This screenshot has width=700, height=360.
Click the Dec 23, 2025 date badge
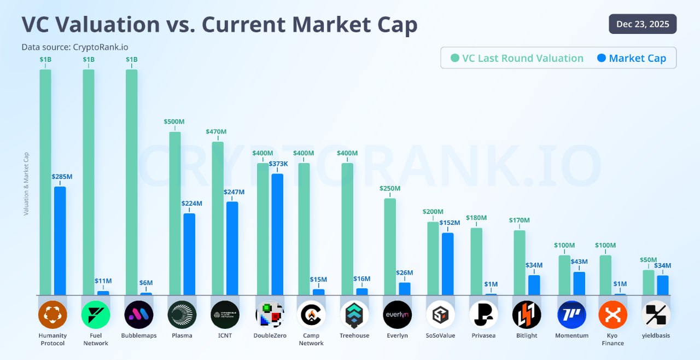click(x=643, y=24)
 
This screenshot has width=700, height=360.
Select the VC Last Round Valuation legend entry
click(x=517, y=58)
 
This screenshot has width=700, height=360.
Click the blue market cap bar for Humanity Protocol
click(x=60, y=241)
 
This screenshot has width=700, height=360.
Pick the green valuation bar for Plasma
click(x=175, y=213)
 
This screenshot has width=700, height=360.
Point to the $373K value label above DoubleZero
click(x=278, y=164)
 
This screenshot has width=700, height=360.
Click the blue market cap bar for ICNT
click(x=232, y=248)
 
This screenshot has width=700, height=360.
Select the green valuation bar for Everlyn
click(x=390, y=246)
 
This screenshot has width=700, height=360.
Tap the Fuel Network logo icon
click(x=96, y=315)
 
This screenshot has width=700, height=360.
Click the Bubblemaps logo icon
click(x=139, y=315)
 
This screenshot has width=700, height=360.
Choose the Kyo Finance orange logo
click(x=612, y=315)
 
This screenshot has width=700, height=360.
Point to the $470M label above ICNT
click(x=216, y=132)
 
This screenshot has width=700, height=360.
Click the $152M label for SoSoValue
click(x=450, y=223)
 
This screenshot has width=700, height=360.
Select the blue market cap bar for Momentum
click(x=579, y=283)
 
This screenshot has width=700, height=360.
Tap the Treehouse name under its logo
click(x=354, y=335)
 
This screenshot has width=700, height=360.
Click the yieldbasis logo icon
click(x=656, y=315)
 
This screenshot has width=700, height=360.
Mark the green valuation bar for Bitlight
click(x=520, y=263)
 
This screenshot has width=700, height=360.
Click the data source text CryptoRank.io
click(x=75, y=47)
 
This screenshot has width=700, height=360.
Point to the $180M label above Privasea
click(x=476, y=218)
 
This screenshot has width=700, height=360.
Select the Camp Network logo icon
click(x=311, y=315)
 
